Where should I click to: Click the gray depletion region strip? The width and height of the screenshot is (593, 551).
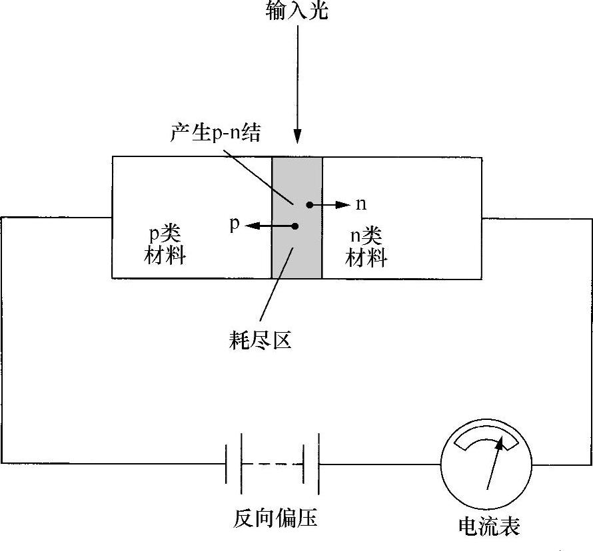296,253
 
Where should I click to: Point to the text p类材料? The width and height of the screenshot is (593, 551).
165,246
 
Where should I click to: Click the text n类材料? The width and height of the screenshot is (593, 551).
366,246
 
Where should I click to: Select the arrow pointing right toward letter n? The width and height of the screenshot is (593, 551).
331,205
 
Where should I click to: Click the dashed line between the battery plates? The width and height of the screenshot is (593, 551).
273,464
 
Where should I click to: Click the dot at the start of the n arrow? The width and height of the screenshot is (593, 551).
309,205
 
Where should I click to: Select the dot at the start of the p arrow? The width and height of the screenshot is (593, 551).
295,226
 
